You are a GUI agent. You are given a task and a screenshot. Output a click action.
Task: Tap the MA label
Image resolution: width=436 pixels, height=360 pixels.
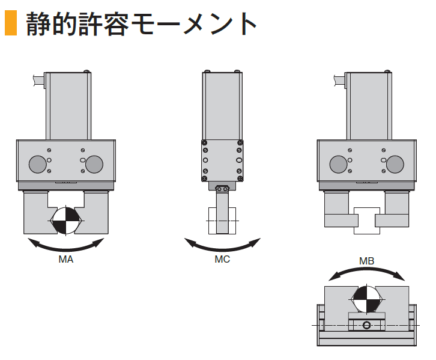tap(66, 260)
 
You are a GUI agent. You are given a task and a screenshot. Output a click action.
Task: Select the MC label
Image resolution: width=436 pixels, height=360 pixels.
tap(222, 260)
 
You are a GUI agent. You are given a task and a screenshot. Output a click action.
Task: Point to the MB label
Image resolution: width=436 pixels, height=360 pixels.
tap(366, 260)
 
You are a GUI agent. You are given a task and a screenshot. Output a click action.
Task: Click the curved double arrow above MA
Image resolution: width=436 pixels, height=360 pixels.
tap(66, 245)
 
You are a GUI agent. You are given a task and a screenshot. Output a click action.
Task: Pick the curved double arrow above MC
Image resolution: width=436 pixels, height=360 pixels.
tap(222, 245)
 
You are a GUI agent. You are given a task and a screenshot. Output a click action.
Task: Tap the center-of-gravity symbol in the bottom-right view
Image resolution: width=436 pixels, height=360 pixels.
tap(366, 299)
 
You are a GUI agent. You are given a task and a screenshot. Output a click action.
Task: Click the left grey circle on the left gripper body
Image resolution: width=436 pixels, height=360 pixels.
tap(37, 163)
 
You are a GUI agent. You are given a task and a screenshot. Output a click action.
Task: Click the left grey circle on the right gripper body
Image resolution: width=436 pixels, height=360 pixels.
tap(338, 163)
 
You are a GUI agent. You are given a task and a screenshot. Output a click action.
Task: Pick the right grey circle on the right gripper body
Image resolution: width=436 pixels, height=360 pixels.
tap(395, 163)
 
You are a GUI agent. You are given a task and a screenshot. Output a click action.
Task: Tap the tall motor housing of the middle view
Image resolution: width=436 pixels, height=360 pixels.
tap(222, 105)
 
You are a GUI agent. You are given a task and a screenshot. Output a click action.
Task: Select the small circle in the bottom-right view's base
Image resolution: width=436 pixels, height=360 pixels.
tap(366, 325)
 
